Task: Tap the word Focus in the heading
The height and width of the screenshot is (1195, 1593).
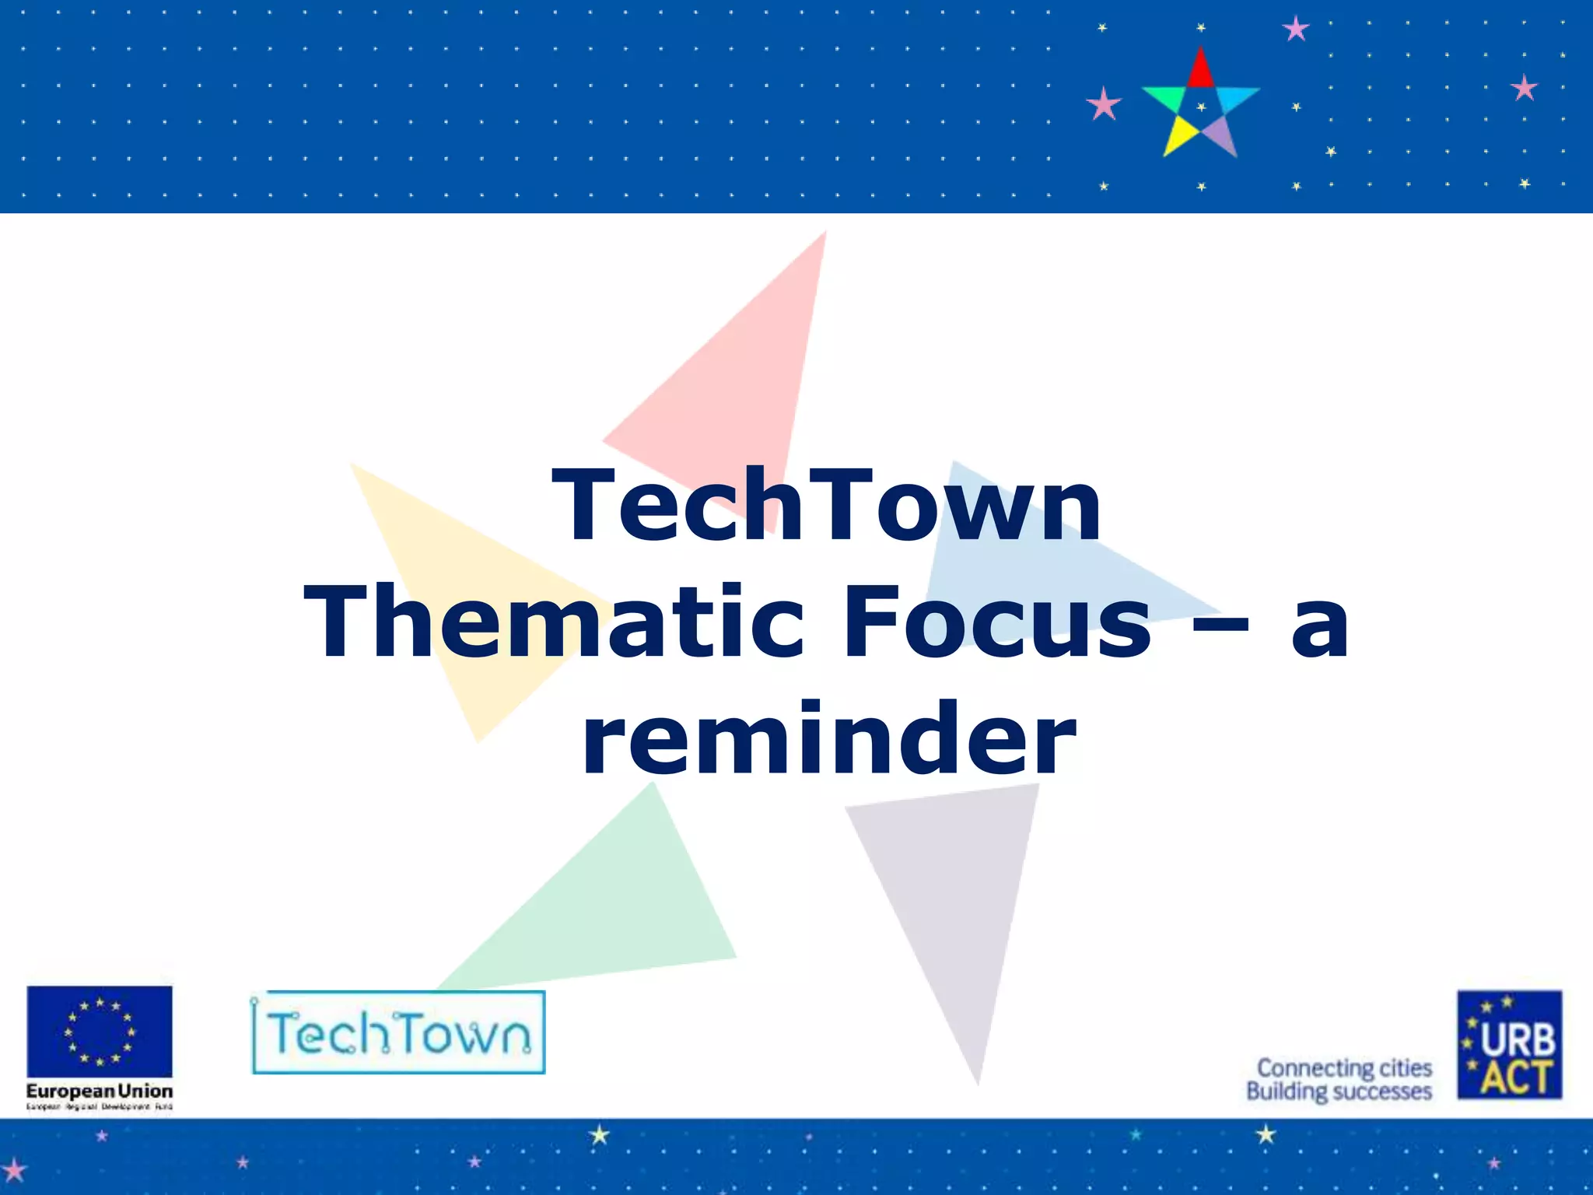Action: coord(997,622)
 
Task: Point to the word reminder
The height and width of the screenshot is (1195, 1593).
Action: coord(829,739)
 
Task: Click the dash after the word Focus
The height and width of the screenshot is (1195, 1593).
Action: coord(1219,622)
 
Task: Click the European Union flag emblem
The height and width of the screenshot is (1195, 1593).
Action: coord(100,1032)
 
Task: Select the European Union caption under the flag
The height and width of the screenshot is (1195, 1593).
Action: coord(100,1091)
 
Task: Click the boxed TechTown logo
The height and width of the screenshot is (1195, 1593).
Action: coord(398,1032)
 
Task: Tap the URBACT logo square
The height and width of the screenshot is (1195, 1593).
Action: coord(1509,1044)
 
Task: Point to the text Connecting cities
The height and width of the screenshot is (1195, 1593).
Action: coord(1344,1067)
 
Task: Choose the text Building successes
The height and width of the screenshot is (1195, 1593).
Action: coord(1339,1092)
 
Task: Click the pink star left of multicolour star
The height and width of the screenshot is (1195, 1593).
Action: coord(1103,104)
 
